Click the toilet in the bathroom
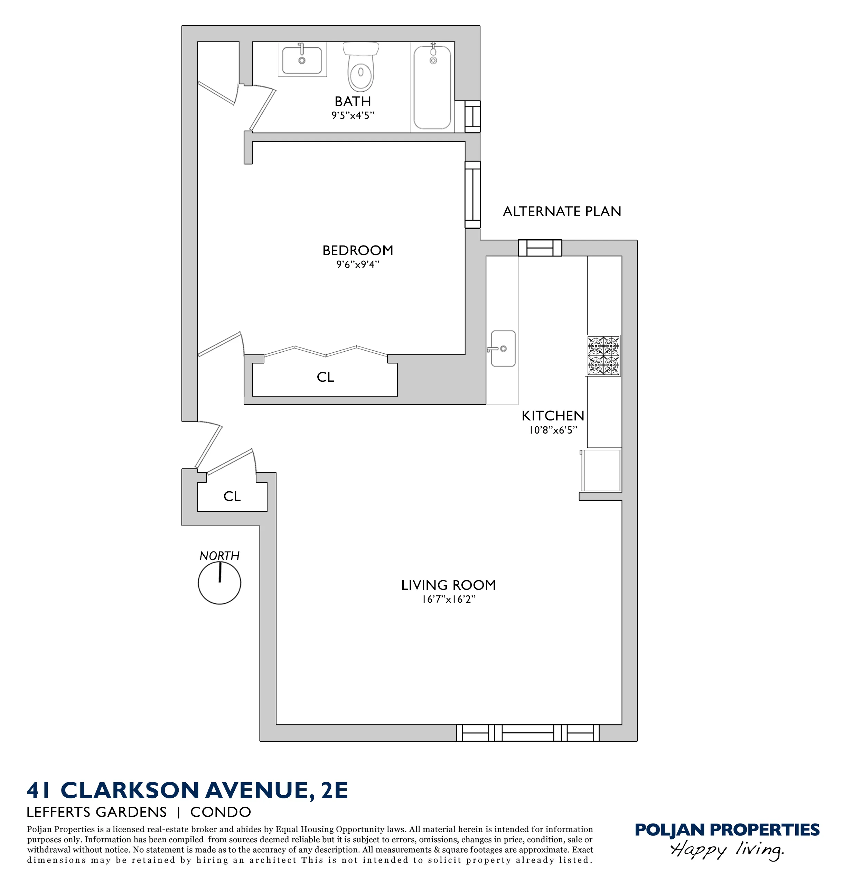[x=361, y=67]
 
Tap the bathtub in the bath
[x=432, y=87]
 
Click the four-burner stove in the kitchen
[x=603, y=355]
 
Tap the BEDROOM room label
[x=358, y=250]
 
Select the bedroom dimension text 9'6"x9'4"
[x=358, y=264]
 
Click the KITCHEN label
[x=552, y=416]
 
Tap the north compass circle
[x=219, y=583]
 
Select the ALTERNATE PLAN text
[x=562, y=212]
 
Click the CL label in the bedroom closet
[x=325, y=377]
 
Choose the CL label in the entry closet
[x=232, y=496]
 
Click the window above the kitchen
[x=540, y=248]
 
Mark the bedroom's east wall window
[x=472, y=194]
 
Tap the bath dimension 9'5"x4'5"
[x=353, y=115]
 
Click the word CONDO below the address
[x=221, y=812]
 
